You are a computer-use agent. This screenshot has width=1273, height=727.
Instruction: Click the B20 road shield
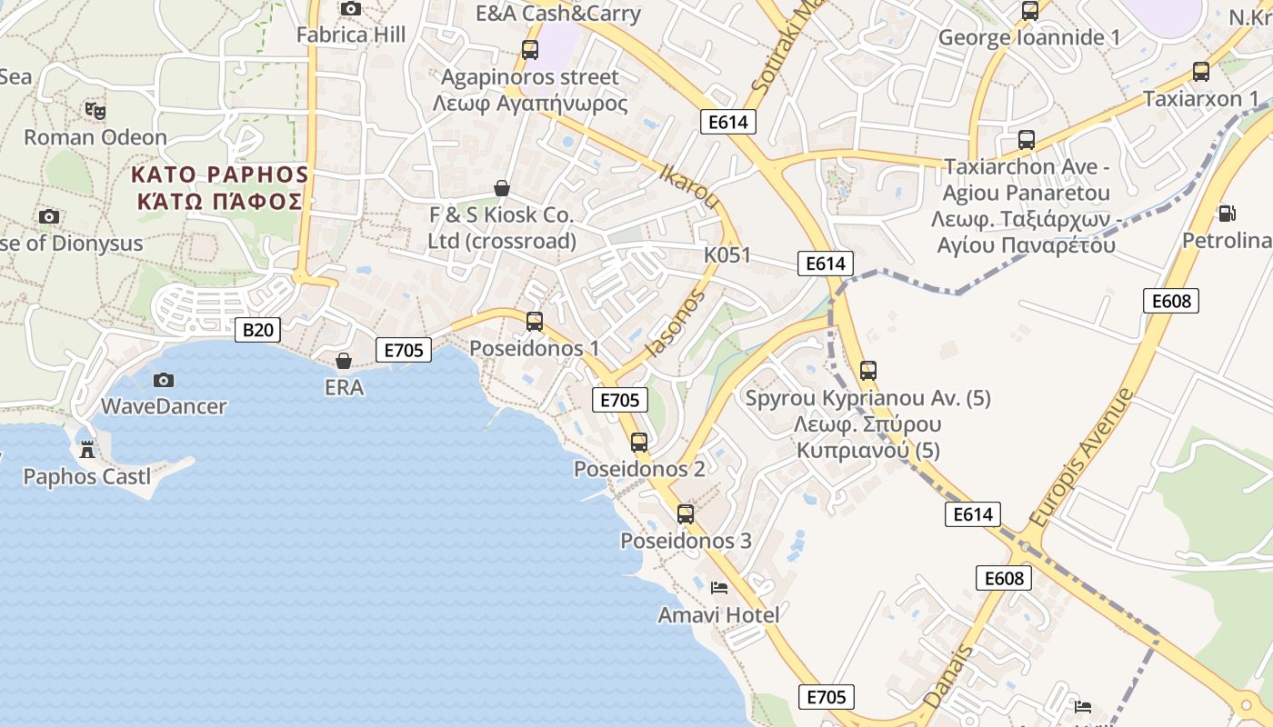coord(257,329)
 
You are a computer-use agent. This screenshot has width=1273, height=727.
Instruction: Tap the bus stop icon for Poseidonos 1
coord(535,321)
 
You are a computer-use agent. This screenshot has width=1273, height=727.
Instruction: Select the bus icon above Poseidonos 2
coord(639,443)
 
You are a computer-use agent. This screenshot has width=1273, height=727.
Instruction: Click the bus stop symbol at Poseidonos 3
coord(686,514)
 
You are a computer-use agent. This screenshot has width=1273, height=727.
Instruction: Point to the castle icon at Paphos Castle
coord(87,449)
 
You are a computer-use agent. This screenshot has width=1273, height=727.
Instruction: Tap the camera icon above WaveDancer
coord(164,380)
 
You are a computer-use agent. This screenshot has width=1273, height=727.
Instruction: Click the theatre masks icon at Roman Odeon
coord(95,111)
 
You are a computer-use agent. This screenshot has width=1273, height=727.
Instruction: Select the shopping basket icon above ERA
coord(344,361)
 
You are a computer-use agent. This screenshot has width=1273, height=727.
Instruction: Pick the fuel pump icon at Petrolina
coord(1227,214)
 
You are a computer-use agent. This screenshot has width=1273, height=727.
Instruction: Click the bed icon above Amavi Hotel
coord(719,588)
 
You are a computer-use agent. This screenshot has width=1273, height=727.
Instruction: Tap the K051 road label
coord(727,254)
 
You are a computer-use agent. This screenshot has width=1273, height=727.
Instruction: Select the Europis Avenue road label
coord(1081,456)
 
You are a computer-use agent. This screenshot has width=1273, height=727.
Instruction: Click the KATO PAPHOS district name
coord(219,174)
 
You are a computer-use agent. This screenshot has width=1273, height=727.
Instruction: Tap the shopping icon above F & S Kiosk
coord(501,188)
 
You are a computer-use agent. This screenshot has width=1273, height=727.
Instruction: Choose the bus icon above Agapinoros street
coord(530,50)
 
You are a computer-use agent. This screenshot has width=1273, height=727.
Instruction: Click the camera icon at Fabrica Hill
coord(350,9)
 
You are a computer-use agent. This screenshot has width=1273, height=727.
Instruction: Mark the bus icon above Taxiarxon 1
coord(1201,72)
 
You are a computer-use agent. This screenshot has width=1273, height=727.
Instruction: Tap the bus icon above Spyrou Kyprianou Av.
coord(868,371)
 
